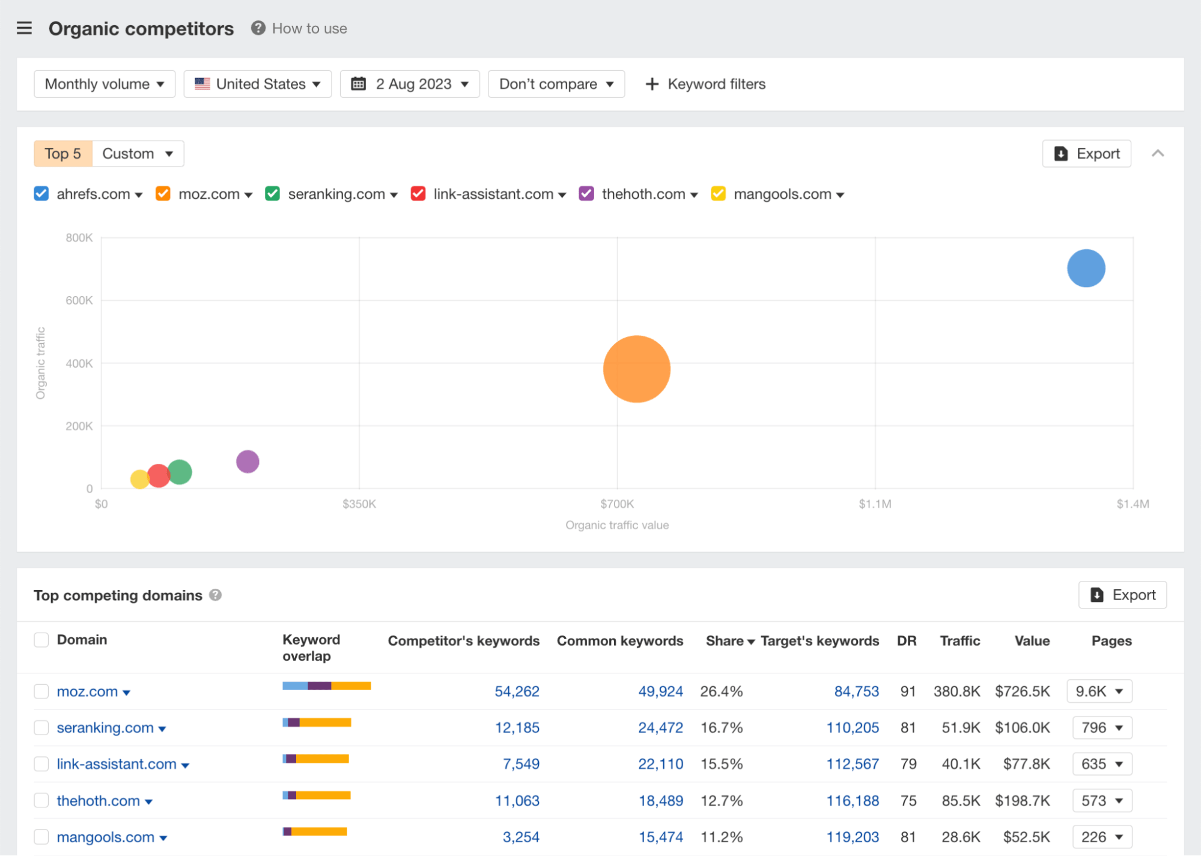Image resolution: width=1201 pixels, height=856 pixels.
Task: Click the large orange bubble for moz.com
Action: (x=636, y=369)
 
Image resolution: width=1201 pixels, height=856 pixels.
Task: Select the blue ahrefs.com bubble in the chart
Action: (x=1086, y=268)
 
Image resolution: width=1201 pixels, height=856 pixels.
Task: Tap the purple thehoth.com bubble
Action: (x=248, y=461)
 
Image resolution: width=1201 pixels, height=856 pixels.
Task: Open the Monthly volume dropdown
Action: (x=105, y=84)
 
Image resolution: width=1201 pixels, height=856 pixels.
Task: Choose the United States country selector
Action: (x=258, y=84)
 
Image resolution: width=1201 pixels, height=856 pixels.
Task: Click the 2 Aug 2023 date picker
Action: (x=410, y=84)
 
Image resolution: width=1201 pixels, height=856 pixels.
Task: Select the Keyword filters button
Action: (x=705, y=84)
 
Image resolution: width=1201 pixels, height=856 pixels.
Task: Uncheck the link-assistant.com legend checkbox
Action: (x=418, y=193)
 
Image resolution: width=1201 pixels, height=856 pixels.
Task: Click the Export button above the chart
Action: (x=1086, y=154)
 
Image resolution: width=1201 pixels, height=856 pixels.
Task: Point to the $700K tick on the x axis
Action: (x=617, y=503)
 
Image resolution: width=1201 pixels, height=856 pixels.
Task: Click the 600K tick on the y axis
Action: (x=79, y=300)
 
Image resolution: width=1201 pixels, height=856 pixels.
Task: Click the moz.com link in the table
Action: (x=87, y=691)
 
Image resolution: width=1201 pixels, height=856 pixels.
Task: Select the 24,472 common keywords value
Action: (x=660, y=727)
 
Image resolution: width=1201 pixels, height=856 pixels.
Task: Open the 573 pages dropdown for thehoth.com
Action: (x=1102, y=800)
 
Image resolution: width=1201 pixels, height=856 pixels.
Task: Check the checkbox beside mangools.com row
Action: (x=41, y=836)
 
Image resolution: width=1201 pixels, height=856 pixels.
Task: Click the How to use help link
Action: (x=309, y=28)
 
